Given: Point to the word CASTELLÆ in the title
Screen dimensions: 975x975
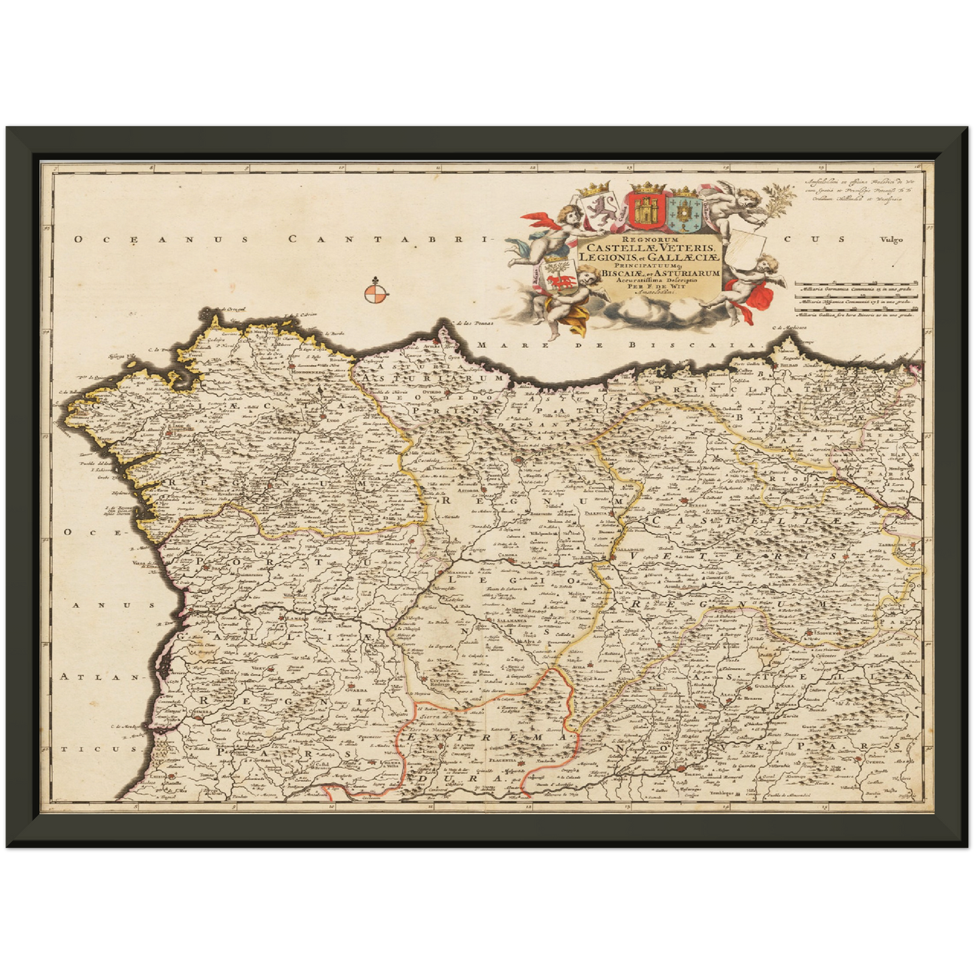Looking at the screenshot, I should tap(615, 248).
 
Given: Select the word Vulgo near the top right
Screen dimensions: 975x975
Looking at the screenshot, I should tap(891, 240).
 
